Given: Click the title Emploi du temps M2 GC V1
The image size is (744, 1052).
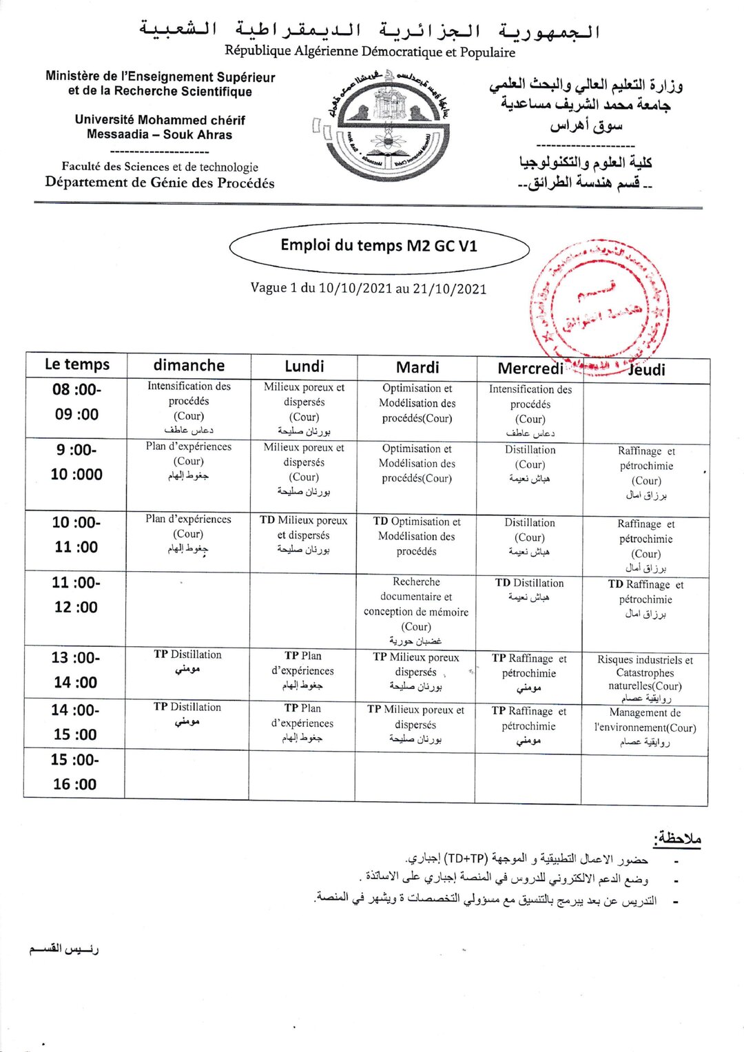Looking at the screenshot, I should pos(378,246).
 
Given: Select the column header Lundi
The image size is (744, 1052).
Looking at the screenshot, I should pos(304,367).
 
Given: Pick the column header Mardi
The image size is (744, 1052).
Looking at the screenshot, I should pos(417,367).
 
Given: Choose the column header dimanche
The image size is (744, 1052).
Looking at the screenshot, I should pos(189,365).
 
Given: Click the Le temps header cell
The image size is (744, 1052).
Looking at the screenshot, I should pos(76,364).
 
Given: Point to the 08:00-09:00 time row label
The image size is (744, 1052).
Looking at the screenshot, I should pos(76,402).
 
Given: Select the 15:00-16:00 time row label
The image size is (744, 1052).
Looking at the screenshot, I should pos(74,772).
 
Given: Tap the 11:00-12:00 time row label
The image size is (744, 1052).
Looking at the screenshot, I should pos(76,595).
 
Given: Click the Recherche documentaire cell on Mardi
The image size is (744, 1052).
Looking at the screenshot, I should pos(416,610).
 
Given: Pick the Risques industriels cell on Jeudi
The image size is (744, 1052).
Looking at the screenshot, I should pos(645,678).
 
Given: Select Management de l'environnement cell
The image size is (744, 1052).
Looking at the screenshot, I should pos(645,727).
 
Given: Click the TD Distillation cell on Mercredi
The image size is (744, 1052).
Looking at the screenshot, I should pos(529,590).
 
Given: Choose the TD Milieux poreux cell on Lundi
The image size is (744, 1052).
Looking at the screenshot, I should pos(304,535).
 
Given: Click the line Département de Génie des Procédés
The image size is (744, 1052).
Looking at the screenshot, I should pos(160,183).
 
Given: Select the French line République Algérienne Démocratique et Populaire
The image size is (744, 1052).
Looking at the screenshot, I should pos(370,52).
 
